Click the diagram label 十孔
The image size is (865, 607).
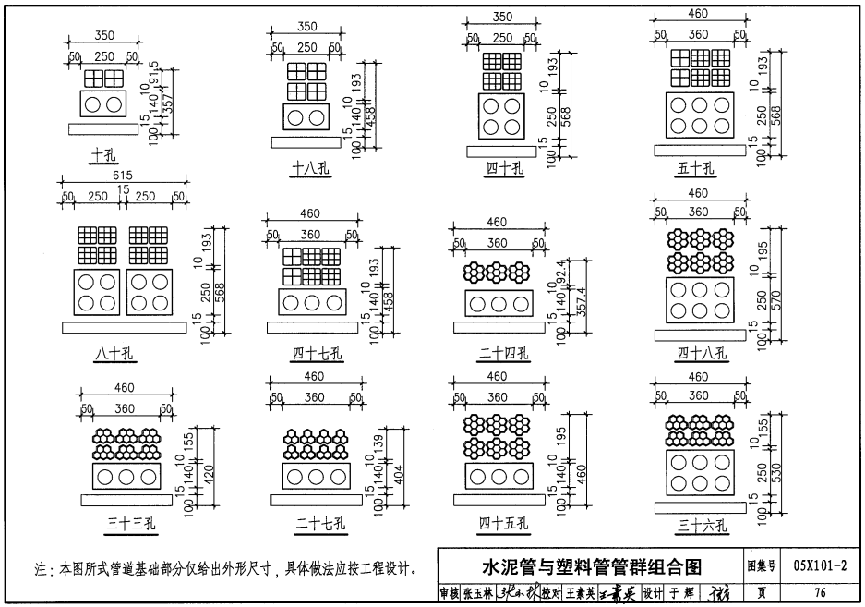coord(102,155)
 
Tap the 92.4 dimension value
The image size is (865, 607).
coord(562,274)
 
